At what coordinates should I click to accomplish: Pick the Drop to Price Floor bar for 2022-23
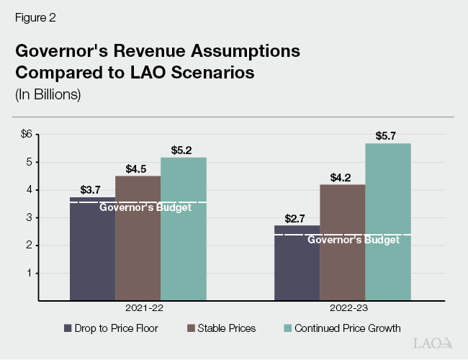click(x=297, y=263)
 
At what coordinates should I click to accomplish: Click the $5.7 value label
click(x=387, y=135)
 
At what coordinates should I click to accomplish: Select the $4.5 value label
click(x=138, y=168)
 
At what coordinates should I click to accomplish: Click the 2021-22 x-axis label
click(x=138, y=309)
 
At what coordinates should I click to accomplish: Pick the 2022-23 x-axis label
click(x=343, y=309)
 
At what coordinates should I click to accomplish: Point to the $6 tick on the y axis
click(x=27, y=134)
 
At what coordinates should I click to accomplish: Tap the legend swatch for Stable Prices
click(x=191, y=328)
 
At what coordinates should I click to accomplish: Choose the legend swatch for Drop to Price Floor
click(x=68, y=328)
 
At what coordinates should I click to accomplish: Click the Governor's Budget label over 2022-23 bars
click(x=353, y=240)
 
